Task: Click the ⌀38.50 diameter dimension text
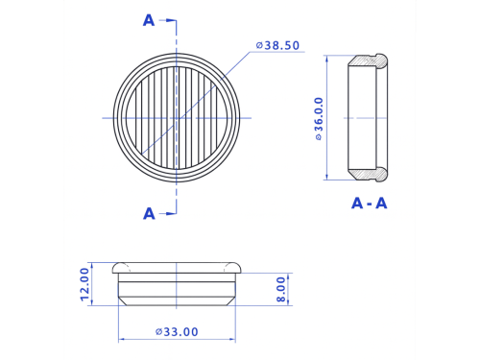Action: pyautogui.click(x=277, y=45)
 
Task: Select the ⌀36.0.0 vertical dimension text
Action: pyautogui.click(x=319, y=119)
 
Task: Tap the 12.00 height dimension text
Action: pyautogui.click(x=84, y=284)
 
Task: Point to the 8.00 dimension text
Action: pyautogui.click(x=280, y=289)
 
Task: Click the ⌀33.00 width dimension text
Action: pyautogui.click(x=177, y=332)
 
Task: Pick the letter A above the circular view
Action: pyautogui.click(x=149, y=20)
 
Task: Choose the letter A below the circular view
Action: pyautogui.click(x=149, y=213)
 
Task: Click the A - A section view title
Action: pyautogui.click(x=370, y=203)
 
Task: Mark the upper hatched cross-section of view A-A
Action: pyautogui.click(x=369, y=61)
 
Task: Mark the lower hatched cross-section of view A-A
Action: pyautogui.click(x=369, y=175)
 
